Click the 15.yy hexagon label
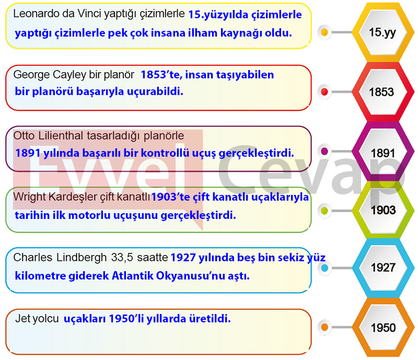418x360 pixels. tap(382, 32)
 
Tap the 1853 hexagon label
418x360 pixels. tap(381, 92)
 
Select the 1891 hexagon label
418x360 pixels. tap(383, 153)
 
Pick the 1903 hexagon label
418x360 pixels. tap(384, 210)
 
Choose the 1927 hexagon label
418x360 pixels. tap(383, 268)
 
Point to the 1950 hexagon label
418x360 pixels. tap(383, 328)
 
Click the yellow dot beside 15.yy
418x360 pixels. tap(324, 32)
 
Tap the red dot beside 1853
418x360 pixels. tap(324, 92)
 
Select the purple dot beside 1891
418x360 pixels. tap(324, 152)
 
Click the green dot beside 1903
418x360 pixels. tap(324, 211)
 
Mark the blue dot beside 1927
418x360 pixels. tap(324, 268)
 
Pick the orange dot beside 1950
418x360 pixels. tap(324, 327)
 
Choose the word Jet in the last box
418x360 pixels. tap(21, 318)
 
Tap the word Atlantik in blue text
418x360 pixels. tap(132, 276)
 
